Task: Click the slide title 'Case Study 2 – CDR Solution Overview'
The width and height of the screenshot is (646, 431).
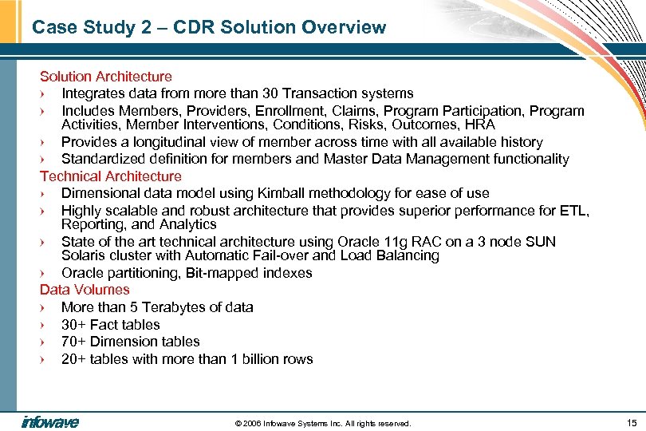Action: (x=209, y=27)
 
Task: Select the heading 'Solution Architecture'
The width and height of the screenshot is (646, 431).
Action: (x=105, y=77)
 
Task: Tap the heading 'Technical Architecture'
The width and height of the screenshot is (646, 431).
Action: (x=111, y=176)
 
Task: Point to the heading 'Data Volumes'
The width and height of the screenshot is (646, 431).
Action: (x=85, y=290)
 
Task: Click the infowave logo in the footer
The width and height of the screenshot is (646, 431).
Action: (x=50, y=422)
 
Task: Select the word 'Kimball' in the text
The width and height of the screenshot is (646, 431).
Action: (x=282, y=193)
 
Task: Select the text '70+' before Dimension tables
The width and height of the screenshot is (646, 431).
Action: (x=73, y=342)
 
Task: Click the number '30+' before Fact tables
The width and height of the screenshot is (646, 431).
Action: (x=73, y=325)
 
